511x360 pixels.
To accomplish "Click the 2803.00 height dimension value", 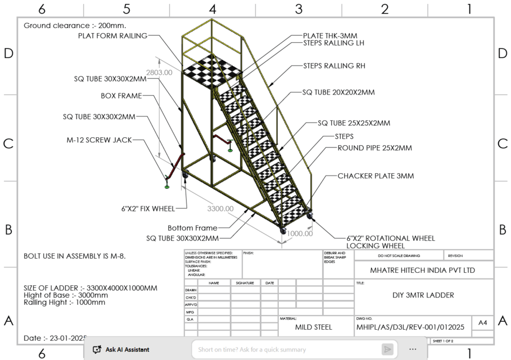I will pyautogui.click(x=159, y=73).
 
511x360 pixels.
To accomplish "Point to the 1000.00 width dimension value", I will pyautogui.click(x=300, y=233).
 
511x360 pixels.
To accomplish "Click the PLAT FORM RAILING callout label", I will pyautogui.click(x=113, y=35).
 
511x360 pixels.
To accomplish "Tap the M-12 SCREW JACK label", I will pyautogui.click(x=99, y=139).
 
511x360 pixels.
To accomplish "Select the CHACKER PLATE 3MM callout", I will pyautogui.click(x=376, y=176).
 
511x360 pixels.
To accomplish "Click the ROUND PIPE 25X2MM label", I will pyautogui.click(x=374, y=148).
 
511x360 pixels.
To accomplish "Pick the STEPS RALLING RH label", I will pyautogui.click(x=334, y=66).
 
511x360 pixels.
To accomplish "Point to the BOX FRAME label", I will pyautogui.click(x=121, y=96).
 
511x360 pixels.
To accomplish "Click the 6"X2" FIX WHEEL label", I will pyautogui.click(x=148, y=208).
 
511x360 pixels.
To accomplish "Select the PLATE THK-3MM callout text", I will pyautogui.click(x=329, y=35).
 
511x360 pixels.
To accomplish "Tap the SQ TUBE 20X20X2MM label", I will pyautogui.click(x=338, y=92).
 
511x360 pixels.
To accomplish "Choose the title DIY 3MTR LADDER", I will pyautogui.click(x=423, y=295).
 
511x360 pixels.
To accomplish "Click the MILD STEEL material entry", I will pyautogui.click(x=313, y=327).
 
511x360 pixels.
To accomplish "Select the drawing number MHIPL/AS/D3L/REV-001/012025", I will pyautogui.click(x=410, y=327).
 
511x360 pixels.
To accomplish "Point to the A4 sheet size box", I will pyautogui.click(x=482, y=323).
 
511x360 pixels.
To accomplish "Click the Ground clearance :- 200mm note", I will pyautogui.click(x=75, y=25).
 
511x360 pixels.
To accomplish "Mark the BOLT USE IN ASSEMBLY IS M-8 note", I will pyautogui.click(x=75, y=256).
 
